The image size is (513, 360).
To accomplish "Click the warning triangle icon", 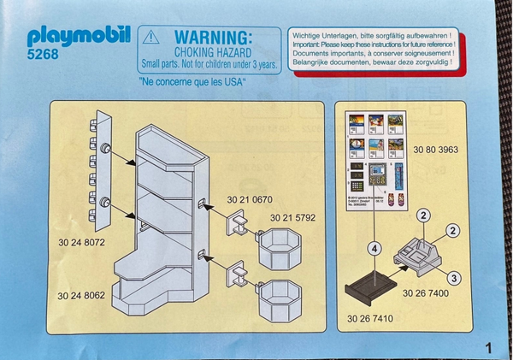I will point(151,37).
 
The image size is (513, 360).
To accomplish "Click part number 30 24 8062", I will point(84,297).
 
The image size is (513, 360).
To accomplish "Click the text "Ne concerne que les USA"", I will point(192,82).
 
